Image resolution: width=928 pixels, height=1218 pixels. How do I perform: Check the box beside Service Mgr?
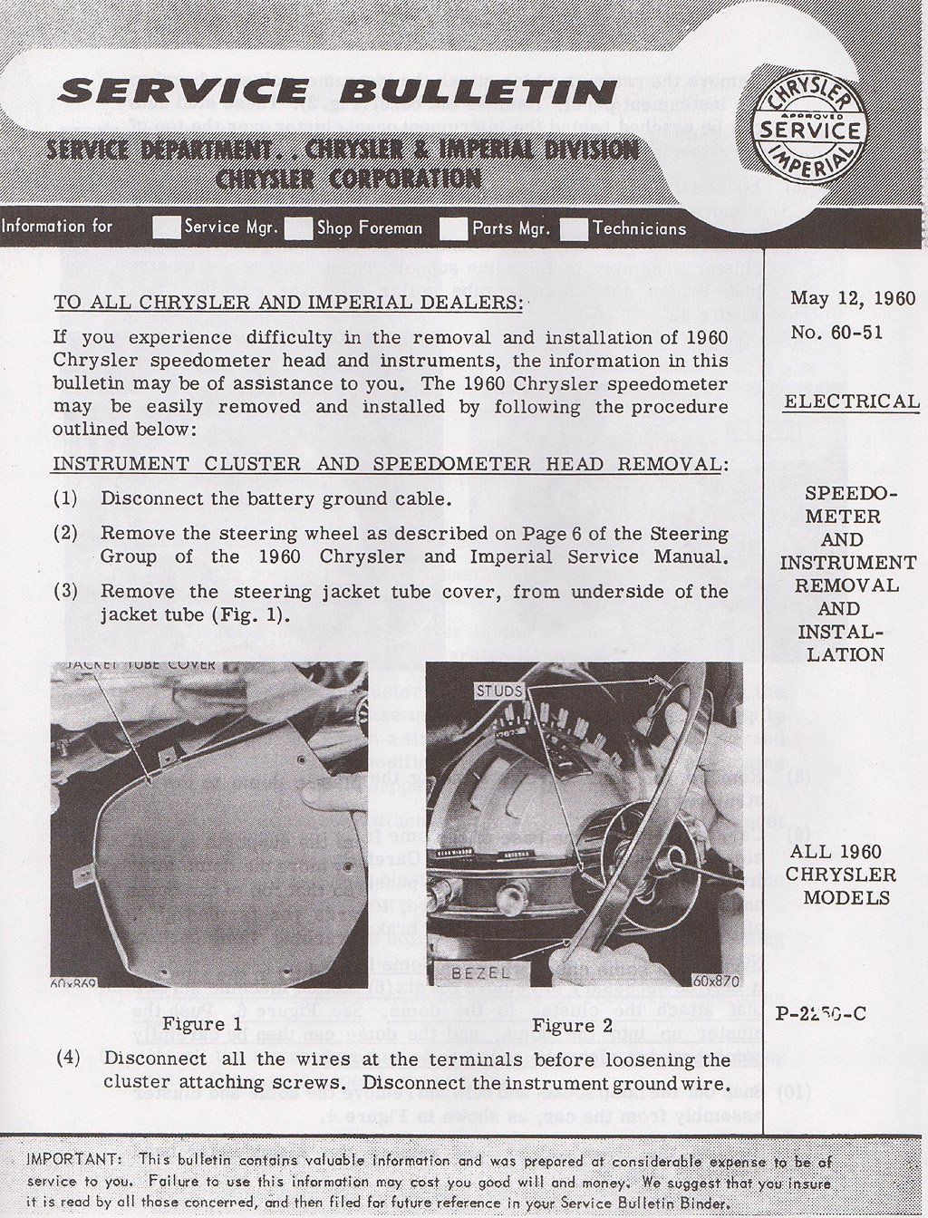[167, 227]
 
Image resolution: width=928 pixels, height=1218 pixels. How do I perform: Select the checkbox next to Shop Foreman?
[298, 229]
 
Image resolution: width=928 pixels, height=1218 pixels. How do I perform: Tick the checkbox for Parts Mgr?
[453, 229]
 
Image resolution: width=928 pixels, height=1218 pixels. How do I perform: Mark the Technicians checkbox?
[574, 229]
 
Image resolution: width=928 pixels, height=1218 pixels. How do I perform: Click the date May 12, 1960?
[852, 298]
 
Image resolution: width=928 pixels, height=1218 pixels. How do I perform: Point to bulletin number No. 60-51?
[836, 332]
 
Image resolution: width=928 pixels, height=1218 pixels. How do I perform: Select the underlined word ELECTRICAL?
[851, 401]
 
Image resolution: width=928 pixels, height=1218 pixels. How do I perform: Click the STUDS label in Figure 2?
[498, 691]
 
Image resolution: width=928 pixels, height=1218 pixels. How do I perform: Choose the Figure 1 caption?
[202, 1024]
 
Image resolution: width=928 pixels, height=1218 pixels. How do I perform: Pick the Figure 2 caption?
[572, 1025]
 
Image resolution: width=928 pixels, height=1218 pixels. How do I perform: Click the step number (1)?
[65, 498]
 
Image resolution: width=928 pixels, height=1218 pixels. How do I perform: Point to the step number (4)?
[69, 1058]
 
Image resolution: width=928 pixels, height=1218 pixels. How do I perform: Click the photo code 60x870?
[716, 980]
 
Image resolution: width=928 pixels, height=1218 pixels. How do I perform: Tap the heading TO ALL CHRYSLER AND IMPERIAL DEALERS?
[288, 303]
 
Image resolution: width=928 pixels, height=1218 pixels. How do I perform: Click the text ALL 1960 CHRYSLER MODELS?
[835, 875]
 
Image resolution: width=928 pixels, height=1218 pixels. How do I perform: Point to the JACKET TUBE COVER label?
[140, 664]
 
